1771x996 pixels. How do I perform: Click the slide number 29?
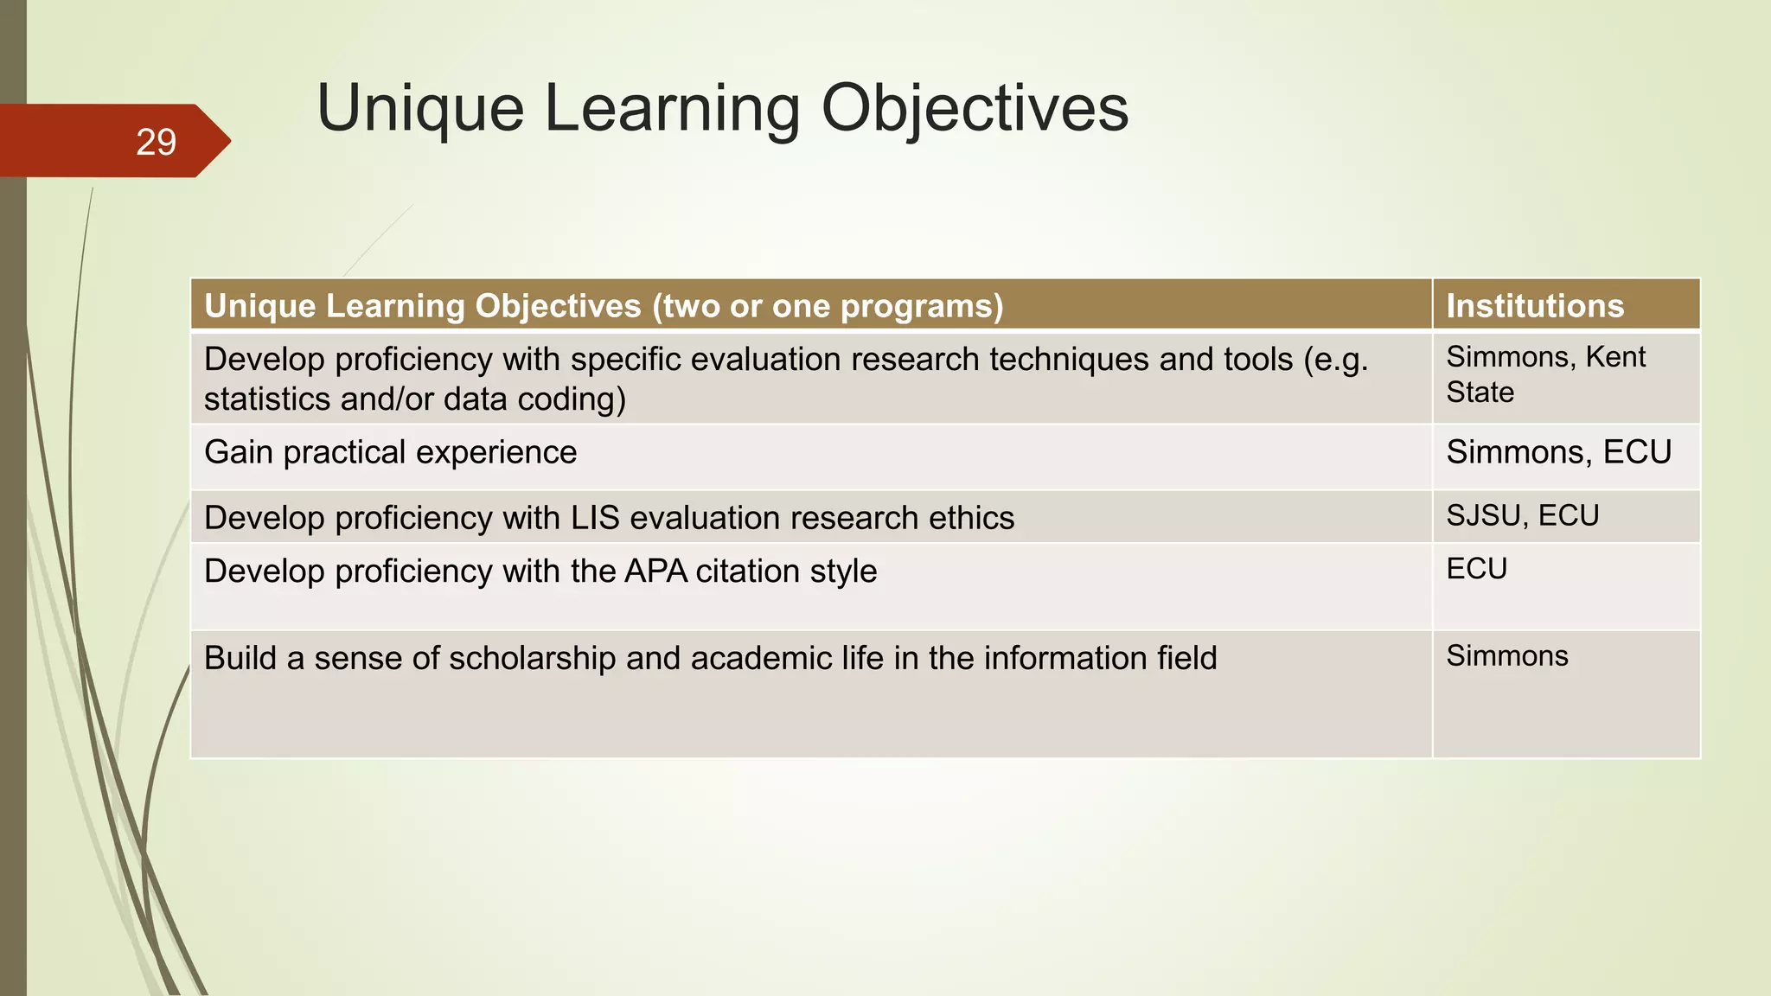156,142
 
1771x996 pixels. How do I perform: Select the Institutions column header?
1535,306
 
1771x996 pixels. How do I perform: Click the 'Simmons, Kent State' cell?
1545,374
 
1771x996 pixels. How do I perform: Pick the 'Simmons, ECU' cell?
1558,452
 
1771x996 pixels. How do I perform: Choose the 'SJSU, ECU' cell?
1522,515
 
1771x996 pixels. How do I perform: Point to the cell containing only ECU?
1476,569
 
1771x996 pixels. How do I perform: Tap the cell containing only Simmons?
1506,656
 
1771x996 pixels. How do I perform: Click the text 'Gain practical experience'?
390,452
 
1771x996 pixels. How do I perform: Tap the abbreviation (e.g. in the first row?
1336,360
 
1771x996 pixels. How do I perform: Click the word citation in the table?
747,571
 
